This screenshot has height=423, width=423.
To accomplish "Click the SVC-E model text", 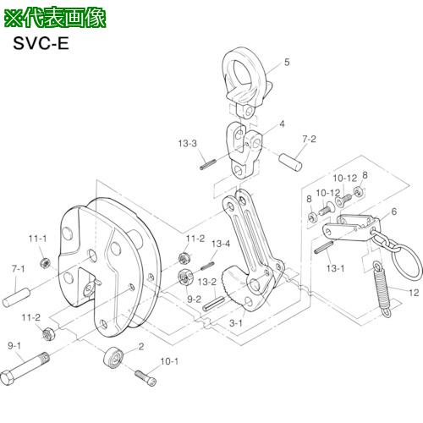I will point(39,44).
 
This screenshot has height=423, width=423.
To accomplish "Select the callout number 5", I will point(286,62).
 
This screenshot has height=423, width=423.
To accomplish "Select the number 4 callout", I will point(282,123).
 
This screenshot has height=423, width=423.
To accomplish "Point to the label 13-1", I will point(336,267).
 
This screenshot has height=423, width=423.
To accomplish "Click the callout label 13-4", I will point(221,244).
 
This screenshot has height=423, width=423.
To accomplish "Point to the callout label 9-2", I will point(193,299).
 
